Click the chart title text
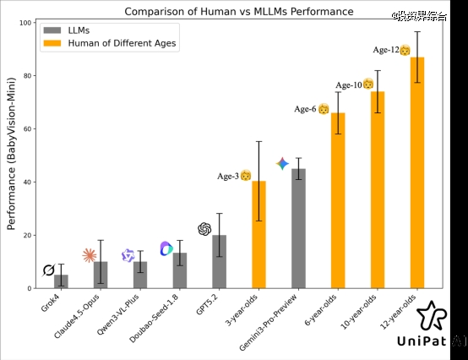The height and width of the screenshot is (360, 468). point(239,11)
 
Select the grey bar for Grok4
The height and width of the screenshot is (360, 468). point(61,281)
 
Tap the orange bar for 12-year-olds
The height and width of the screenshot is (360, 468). point(417,173)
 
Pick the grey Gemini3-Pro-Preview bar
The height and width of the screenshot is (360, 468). point(298,228)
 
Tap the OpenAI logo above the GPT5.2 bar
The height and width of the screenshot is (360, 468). point(204,229)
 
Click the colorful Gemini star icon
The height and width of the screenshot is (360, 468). point(282,163)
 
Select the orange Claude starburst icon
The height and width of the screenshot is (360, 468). point(90,255)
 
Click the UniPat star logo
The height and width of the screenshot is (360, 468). point(431,314)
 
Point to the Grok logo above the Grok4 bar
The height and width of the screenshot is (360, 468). point(49,270)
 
